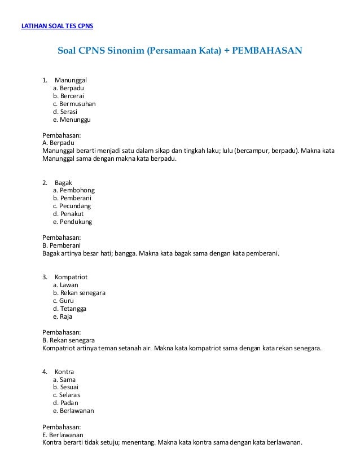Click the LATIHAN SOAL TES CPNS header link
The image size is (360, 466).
click(x=57, y=27)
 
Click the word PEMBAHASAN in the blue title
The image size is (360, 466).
click(x=267, y=51)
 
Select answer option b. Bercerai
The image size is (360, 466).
click(x=68, y=96)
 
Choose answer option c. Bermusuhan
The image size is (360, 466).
click(x=74, y=104)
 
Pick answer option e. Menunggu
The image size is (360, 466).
click(x=72, y=120)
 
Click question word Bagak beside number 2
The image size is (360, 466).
click(x=63, y=183)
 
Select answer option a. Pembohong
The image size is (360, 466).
click(x=73, y=191)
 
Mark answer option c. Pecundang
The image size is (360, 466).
click(x=72, y=206)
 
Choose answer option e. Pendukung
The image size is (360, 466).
click(x=72, y=222)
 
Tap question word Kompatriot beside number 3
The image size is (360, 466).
click(x=71, y=278)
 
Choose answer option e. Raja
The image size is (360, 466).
click(x=63, y=317)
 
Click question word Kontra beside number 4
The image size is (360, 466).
click(x=64, y=372)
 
